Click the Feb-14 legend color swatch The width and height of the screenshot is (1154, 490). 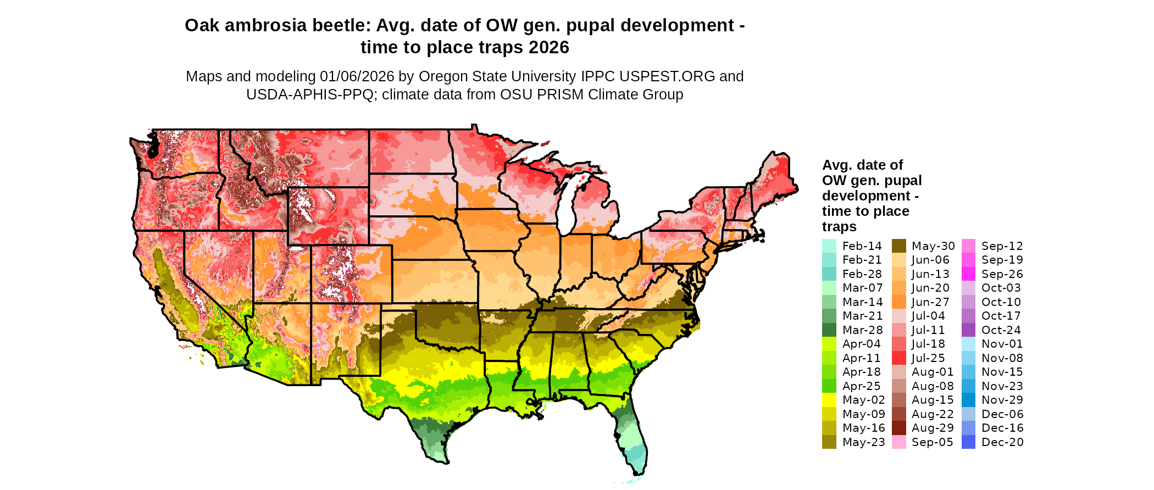829,246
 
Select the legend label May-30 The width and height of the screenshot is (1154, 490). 933,246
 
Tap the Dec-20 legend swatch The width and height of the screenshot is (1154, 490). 968,442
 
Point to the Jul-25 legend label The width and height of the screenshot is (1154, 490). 928,358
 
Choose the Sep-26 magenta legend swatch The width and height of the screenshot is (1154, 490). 968,274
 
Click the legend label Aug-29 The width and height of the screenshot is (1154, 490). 933,428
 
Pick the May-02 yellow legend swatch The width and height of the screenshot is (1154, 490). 829,400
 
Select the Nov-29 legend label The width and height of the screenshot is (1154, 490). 1002,400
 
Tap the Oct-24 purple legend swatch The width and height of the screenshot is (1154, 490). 968,330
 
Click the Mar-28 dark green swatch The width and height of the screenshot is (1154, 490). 829,330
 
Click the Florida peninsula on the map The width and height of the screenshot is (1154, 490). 632,439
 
